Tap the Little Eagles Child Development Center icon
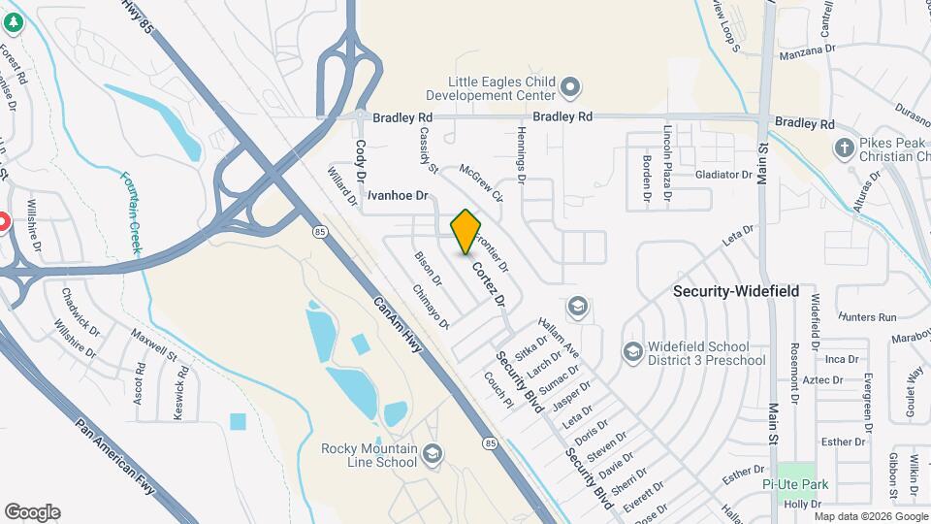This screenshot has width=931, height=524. tap(570, 88)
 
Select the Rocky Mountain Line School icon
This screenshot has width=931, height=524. tap(433, 454)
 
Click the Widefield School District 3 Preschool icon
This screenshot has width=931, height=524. tap(632, 350)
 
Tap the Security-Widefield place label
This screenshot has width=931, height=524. tap(736, 291)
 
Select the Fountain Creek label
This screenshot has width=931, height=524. tap(131, 213)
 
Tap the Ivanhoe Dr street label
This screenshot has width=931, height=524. tap(398, 195)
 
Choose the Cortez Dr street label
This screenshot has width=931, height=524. tap(489, 283)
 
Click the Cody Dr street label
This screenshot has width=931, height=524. tap(359, 161)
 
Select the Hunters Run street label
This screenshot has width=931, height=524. tap(868, 317)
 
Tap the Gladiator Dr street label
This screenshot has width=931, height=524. tap(723, 176)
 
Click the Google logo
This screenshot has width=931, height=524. tap(32, 512)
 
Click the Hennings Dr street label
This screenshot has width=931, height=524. tap(521, 154)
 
